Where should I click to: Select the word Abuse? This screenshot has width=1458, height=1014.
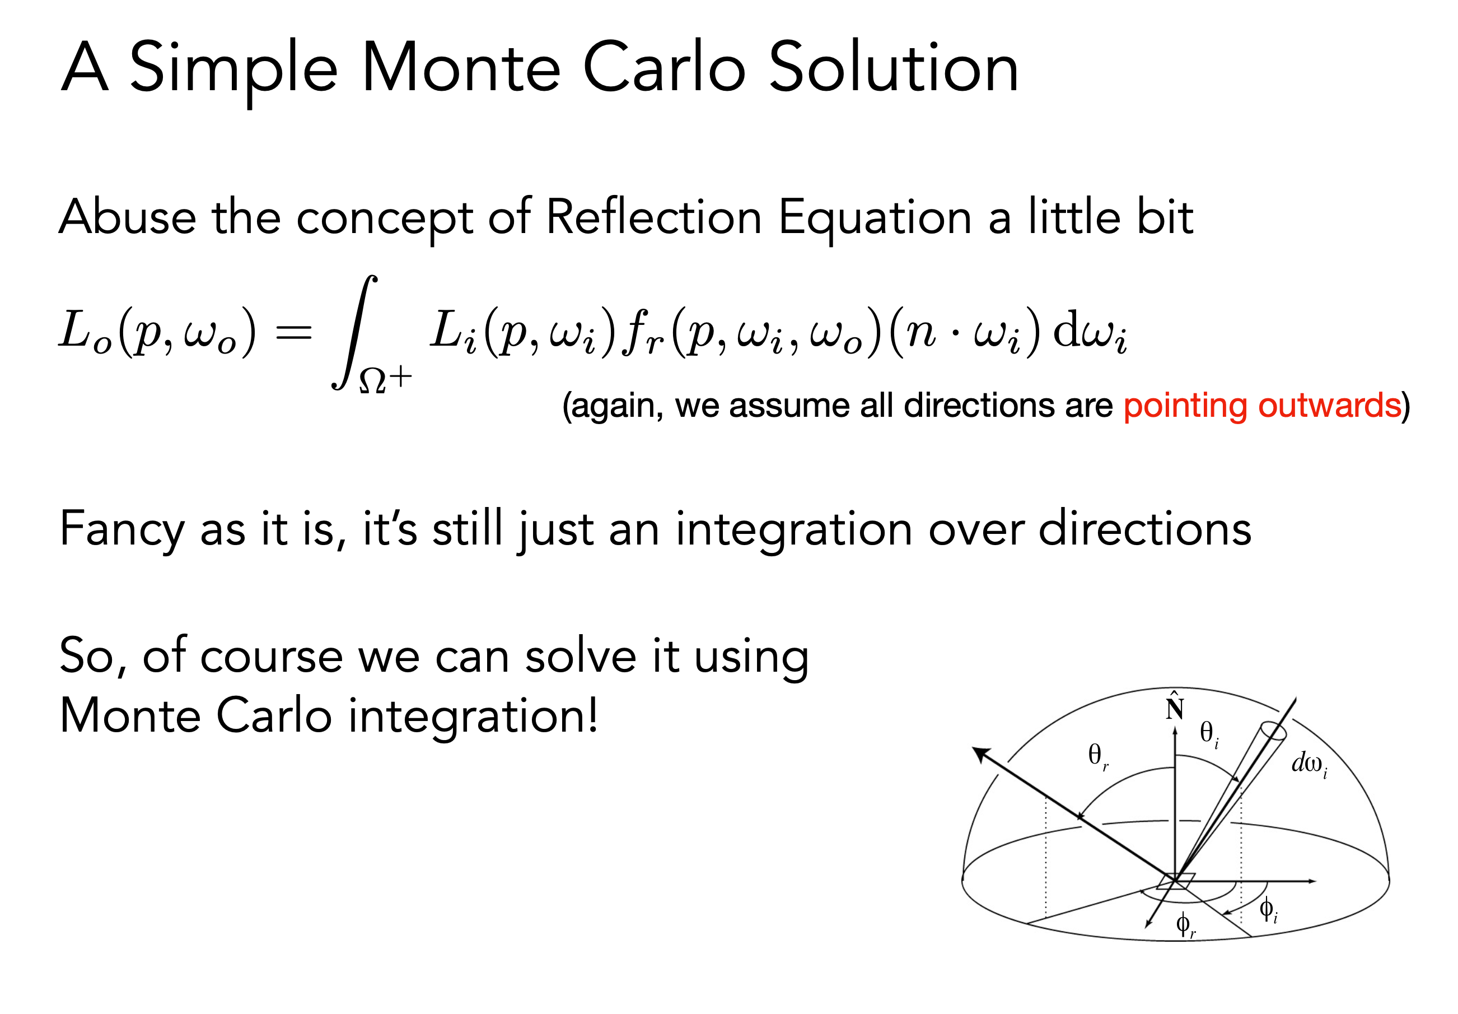[x=128, y=217]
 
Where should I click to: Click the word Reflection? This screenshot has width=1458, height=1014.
[x=653, y=217]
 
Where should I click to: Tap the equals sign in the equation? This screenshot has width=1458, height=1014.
[x=293, y=332]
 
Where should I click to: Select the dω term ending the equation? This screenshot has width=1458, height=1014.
[x=1090, y=331]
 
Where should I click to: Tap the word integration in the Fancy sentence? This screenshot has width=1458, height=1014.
[x=794, y=529]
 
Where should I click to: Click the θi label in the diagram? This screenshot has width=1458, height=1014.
[x=1208, y=733]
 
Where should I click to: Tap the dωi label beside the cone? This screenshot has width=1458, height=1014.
[x=1310, y=763]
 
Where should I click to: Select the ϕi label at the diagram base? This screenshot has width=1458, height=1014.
[x=1268, y=909]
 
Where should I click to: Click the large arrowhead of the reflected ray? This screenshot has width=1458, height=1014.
[x=982, y=755]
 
